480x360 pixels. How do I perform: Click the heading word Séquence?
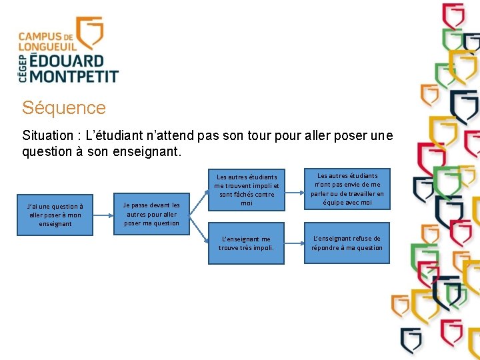pyautogui.click(x=63, y=108)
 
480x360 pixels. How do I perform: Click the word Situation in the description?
pyautogui.click(x=48, y=136)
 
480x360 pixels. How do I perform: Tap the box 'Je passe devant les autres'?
pyautogui.click(x=151, y=214)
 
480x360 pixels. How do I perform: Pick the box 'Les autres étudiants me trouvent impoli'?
pyautogui.click(x=246, y=190)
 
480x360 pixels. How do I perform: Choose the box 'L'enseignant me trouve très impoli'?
pyautogui.click(x=246, y=243)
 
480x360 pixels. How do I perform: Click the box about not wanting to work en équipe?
pyautogui.click(x=347, y=189)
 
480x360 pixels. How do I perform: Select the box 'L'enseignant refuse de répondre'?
pyautogui.click(x=347, y=243)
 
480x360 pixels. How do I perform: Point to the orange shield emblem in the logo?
pyautogui.click(x=90, y=33)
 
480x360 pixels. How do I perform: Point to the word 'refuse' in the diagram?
pyautogui.click(x=363, y=239)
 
